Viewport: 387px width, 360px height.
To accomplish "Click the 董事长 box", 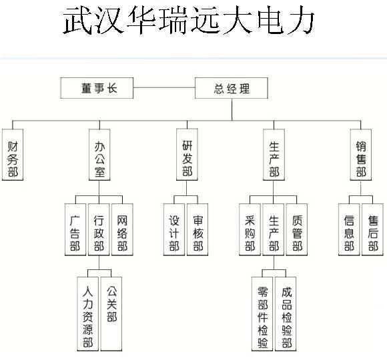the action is (97, 88).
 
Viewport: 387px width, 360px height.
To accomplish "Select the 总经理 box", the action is (232, 88).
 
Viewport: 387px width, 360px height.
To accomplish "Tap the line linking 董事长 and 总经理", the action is (164, 87).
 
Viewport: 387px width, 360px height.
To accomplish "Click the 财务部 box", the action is (13, 155).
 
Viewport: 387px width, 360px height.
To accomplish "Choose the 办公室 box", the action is (99, 155).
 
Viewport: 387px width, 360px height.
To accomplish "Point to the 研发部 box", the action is (187, 155).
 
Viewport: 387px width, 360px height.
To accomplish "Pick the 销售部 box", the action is (360, 155).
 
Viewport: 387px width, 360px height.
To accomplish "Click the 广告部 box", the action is (75, 229).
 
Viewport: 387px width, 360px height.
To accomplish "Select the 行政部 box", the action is (99, 229).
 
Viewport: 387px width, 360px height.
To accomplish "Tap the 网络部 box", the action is (122, 229).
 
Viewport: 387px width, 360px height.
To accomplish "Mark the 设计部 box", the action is (174, 229).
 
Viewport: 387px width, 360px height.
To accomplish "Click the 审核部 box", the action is (198, 229).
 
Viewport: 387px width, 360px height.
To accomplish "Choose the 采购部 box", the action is (250, 229).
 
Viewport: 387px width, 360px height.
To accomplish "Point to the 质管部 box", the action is (297, 229).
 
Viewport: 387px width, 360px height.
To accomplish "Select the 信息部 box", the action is (349, 229).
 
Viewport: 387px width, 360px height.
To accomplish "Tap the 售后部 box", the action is (372, 229).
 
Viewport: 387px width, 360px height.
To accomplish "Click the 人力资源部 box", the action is (87, 313).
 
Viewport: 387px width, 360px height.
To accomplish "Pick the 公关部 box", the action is (111, 313).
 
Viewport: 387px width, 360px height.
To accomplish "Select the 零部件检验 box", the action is (262, 313).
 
